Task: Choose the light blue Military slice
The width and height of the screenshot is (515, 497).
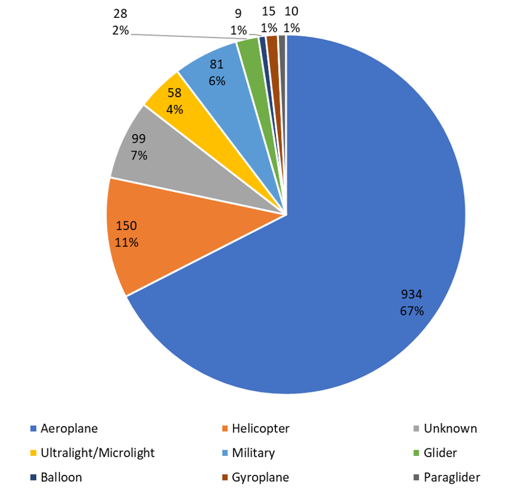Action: click(x=215, y=71)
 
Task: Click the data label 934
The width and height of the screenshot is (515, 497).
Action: click(x=412, y=294)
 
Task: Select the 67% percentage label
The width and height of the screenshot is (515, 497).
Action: click(x=412, y=311)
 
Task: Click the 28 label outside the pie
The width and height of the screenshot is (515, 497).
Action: click(x=120, y=14)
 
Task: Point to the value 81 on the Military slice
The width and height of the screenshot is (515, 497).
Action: click(x=216, y=65)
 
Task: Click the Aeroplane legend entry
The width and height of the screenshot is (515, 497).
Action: click(x=69, y=429)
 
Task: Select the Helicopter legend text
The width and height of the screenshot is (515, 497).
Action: click(x=261, y=429)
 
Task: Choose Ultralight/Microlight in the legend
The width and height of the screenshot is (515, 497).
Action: click(x=97, y=453)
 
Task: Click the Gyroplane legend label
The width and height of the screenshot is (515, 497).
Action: click(x=260, y=477)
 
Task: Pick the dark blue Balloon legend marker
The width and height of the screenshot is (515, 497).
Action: click(x=33, y=477)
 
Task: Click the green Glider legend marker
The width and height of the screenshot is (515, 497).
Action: click(x=417, y=453)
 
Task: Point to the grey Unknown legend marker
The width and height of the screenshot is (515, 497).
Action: click(x=417, y=429)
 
